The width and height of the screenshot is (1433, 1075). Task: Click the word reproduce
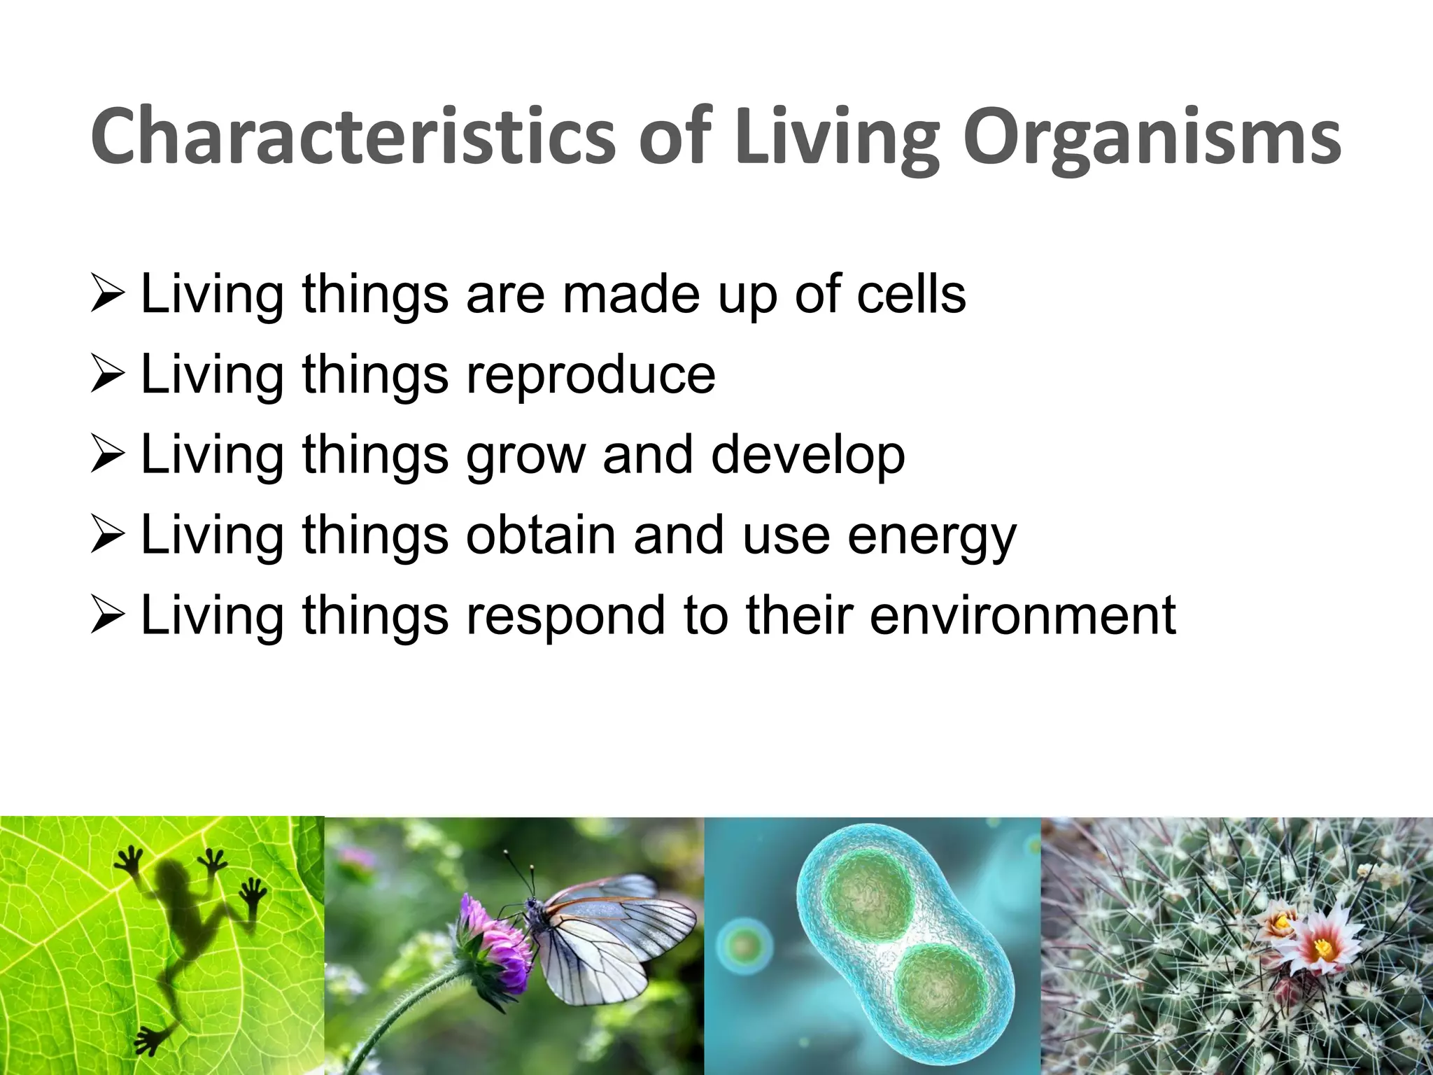[591, 374]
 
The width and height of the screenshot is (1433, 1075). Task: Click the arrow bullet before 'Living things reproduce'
[108, 374]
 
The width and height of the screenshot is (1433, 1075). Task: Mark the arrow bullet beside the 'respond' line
[108, 616]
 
